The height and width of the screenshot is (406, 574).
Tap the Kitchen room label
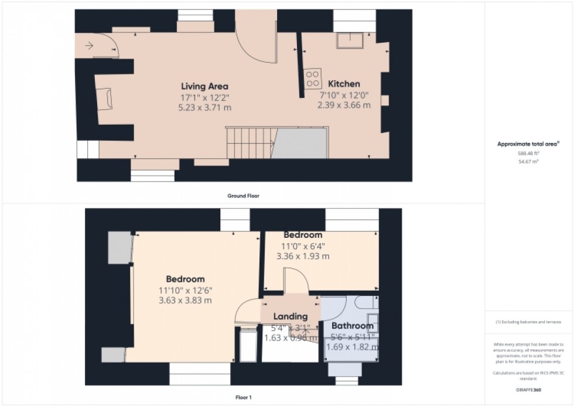(x=343, y=84)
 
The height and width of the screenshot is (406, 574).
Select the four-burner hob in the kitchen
(x=313, y=79)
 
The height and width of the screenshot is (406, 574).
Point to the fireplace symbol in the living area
(x=106, y=98)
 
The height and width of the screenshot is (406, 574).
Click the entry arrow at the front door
(x=88, y=45)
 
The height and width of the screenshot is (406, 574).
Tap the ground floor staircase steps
(x=249, y=143)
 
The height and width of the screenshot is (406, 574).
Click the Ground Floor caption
(x=243, y=196)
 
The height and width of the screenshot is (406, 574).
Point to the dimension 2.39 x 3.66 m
(x=344, y=105)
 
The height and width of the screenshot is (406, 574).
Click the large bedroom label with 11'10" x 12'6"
(x=185, y=279)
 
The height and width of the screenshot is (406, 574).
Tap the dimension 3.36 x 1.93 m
(x=303, y=256)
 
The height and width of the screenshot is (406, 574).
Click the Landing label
(x=291, y=316)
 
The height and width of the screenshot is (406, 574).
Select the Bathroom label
(x=352, y=326)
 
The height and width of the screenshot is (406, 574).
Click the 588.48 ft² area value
(x=528, y=153)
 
